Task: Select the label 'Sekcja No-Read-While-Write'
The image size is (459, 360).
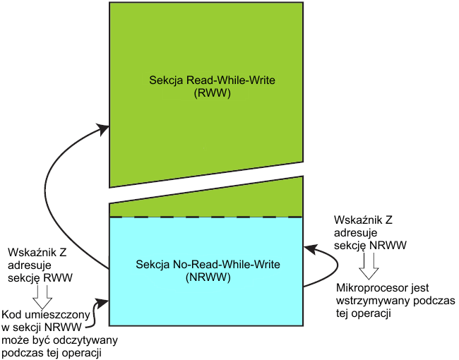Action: (207, 265)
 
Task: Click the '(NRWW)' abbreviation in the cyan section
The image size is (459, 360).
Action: (207, 277)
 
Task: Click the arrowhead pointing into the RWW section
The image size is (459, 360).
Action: (104, 128)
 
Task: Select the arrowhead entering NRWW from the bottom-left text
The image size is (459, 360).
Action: (104, 303)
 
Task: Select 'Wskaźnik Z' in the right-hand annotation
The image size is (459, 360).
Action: (362, 219)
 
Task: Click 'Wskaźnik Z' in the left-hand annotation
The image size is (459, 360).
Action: (36, 252)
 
